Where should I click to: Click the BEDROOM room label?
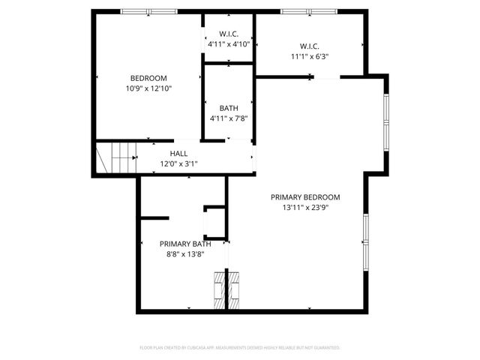148,78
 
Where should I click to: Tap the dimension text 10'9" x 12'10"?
148,88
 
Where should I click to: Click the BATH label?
229,108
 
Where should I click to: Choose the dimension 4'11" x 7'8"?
229,118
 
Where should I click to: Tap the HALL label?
178,154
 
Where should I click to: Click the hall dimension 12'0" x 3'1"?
178,163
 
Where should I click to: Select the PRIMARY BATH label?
185,244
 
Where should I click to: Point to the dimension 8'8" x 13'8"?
185,254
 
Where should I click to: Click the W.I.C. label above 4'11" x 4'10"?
229,34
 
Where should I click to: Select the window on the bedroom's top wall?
149,11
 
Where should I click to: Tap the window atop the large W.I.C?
307,11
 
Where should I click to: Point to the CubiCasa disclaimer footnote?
240,347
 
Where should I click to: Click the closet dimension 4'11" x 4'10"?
229,44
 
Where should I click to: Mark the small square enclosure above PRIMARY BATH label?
216,219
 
